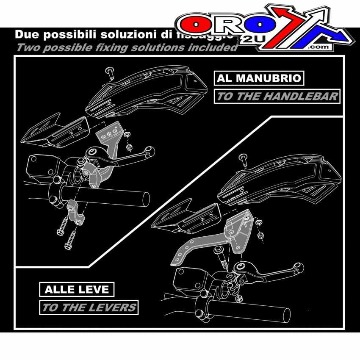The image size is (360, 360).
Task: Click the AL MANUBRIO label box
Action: tap(259, 78)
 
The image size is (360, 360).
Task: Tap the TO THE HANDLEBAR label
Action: tap(277, 96)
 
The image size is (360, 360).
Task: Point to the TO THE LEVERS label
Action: tap(89, 307)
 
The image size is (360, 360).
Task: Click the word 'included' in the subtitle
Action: tap(216, 47)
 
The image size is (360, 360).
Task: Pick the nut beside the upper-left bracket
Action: tap(129, 147)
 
